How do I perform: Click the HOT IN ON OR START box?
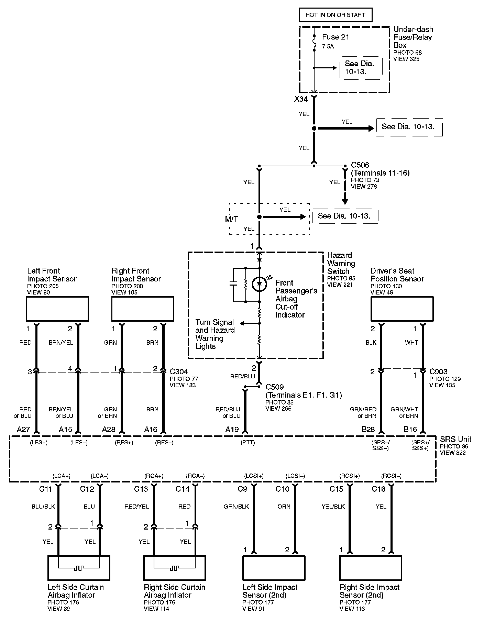click(x=335, y=15)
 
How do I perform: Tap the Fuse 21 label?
click(x=335, y=37)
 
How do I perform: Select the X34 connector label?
click(x=301, y=99)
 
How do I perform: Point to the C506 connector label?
click(x=360, y=165)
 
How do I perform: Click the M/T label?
click(x=232, y=219)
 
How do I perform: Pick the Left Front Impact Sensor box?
click(x=57, y=309)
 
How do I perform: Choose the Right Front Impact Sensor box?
click(x=143, y=309)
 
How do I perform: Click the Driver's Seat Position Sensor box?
click(x=402, y=309)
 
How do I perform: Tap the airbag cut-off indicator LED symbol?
click(x=259, y=284)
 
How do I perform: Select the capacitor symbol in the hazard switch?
click(x=233, y=285)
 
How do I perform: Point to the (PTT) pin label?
click(x=248, y=443)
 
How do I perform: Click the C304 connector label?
click(x=179, y=371)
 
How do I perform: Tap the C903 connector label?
click(x=439, y=371)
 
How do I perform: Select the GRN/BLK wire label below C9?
click(x=236, y=507)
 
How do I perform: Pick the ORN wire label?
click(x=284, y=507)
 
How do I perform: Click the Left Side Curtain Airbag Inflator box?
click(x=79, y=568)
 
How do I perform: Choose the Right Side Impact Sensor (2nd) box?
click(x=370, y=568)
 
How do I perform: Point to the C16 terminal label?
click(x=378, y=489)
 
